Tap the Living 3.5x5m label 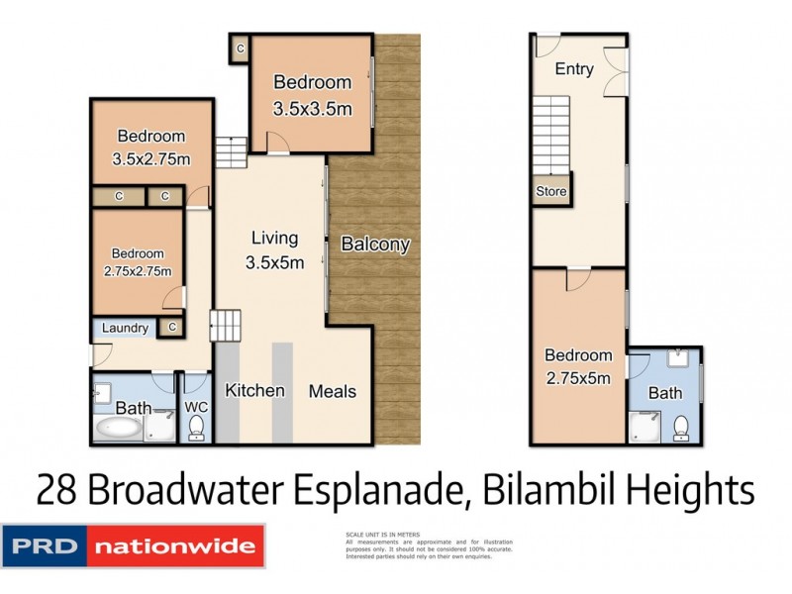tap(274, 249)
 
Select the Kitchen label tap(254, 391)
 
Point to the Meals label tap(332, 391)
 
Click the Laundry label tap(125, 329)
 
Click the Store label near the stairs tap(551, 191)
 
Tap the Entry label tap(574, 69)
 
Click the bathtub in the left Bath tap(118, 428)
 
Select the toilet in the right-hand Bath tap(681, 427)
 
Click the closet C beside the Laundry tap(172, 327)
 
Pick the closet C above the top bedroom tap(240, 47)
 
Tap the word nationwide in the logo tap(175, 545)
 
